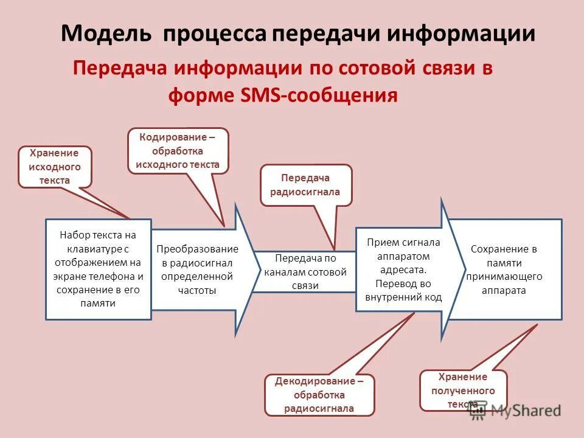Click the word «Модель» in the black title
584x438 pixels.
(106, 33)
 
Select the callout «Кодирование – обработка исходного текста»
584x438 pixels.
(178, 150)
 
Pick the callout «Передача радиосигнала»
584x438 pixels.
(306, 185)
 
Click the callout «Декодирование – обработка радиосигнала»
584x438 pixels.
(319, 395)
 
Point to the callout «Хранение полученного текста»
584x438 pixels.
(463, 390)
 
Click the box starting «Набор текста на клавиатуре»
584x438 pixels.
(98, 269)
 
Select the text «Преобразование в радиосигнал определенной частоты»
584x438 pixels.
(197, 269)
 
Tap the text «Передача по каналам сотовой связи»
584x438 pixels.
(305, 271)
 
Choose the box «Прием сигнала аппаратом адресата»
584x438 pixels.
(404, 269)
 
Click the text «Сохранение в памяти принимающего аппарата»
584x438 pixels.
(504, 269)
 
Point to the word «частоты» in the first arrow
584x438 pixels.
(197, 290)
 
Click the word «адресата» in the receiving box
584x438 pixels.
(404, 269)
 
